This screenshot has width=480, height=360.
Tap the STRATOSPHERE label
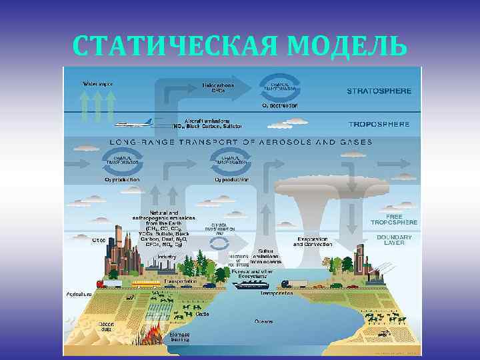pyautogui.click(x=379, y=91)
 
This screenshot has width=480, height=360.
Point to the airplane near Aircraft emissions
pyautogui.click(x=134, y=123)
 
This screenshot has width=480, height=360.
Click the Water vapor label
pyautogui.click(x=97, y=84)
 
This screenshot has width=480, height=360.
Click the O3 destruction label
pyautogui.click(x=280, y=105)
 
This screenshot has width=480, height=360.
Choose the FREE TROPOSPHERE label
pyautogui.click(x=394, y=219)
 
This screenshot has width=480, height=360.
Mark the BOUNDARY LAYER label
pyautogui.click(x=394, y=240)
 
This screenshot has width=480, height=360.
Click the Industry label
pyautogui.click(x=167, y=256)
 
